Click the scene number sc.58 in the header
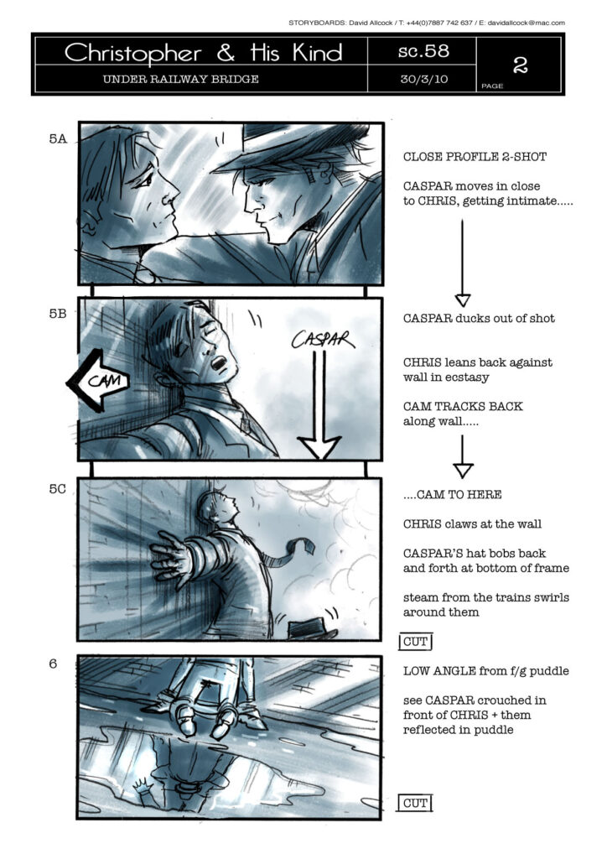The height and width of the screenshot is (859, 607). pyautogui.click(x=423, y=51)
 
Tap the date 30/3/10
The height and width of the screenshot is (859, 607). pyautogui.click(x=423, y=79)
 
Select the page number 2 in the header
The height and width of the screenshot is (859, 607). pyautogui.click(x=520, y=65)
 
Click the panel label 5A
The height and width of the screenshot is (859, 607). pyautogui.click(x=58, y=138)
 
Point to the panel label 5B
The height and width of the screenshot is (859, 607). pyautogui.click(x=58, y=314)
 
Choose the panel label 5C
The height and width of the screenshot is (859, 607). pyautogui.click(x=58, y=489)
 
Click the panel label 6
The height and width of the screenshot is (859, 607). pyautogui.click(x=53, y=664)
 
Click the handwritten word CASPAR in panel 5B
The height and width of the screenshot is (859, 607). pyautogui.click(x=323, y=339)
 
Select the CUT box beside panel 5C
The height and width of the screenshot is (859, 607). pyautogui.click(x=416, y=642)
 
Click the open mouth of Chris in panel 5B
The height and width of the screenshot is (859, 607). pyautogui.click(x=218, y=362)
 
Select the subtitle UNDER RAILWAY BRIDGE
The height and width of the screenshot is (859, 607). pyautogui.click(x=180, y=79)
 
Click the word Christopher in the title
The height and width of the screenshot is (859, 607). pyautogui.click(x=133, y=53)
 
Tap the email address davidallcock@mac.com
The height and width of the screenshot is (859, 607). pyautogui.click(x=526, y=23)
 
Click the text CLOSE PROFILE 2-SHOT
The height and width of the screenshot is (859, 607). pyautogui.click(x=475, y=157)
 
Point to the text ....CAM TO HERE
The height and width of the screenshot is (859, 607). pyautogui.click(x=452, y=495)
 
